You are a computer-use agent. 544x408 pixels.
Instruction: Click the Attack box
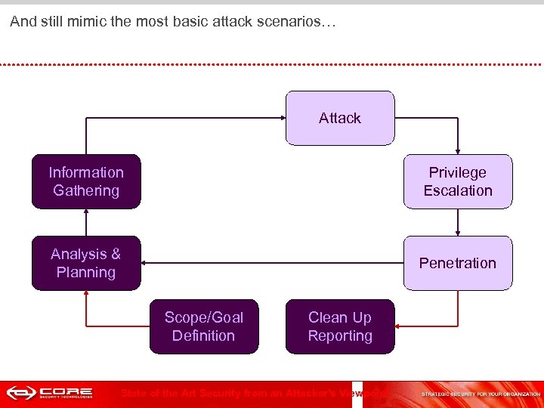tap(340, 118)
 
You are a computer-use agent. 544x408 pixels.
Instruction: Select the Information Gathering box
tap(86, 181)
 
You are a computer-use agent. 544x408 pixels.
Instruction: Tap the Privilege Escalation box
tap(458, 181)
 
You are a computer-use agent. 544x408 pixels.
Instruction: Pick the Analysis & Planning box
tap(86, 263)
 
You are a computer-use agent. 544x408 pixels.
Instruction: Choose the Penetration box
tap(458, 263)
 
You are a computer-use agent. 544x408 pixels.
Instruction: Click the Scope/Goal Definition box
tap(204, 326)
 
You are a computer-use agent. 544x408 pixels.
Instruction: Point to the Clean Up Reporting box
tap(340, 326)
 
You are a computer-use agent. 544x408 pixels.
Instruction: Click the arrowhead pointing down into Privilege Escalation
tap(458, 151)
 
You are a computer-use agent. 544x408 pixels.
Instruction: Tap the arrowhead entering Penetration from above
tap(458, 233)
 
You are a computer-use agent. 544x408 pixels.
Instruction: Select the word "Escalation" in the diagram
tap(458, 190)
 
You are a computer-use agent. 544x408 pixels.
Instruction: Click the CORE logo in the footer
tap(50, 394)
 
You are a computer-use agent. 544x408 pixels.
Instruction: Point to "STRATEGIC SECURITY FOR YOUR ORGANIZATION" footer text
tap(480, 394)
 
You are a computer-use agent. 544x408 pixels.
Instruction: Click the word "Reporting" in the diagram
tap(340, 335)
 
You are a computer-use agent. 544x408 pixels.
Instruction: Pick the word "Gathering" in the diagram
tap(86, 190)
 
